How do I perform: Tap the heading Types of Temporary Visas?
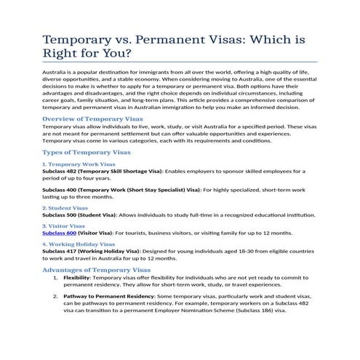coord(87,153)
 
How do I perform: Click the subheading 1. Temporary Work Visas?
coord(79,164)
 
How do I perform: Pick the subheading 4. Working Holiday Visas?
coord(79,244)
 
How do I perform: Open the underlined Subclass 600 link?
coord(57,233)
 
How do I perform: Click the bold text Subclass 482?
coord(57,171)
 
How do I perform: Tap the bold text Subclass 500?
coord(57,215)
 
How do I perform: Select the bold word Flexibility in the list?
coord(76,278)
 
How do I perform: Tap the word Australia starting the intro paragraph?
coord(55,73)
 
